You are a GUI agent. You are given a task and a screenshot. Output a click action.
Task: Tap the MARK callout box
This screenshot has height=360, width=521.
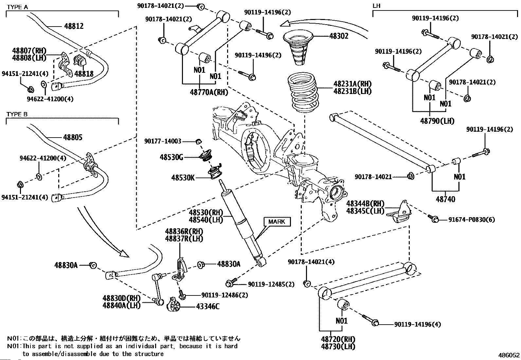tap(277, 222)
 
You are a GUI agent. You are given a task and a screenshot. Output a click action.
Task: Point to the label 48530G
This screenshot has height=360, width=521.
tap(171, 157)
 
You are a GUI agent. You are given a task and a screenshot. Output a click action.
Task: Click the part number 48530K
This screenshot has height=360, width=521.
tap(183, 178)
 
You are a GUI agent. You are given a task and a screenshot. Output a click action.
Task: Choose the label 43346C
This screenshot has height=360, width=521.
tap(208, 307)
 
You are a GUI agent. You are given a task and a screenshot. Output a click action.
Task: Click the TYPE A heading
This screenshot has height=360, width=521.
tap(17, 6)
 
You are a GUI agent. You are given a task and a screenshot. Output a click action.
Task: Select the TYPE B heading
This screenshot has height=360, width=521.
tap(17, 114)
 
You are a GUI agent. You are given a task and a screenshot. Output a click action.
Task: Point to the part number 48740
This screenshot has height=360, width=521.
tap(445, 199)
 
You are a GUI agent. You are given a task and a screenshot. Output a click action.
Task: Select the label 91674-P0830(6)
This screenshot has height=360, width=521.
tap(469, 219)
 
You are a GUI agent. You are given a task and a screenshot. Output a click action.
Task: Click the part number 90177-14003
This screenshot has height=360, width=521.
tap(163, 141)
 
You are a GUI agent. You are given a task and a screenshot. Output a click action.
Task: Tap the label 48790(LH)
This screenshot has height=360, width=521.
tap(438, 121)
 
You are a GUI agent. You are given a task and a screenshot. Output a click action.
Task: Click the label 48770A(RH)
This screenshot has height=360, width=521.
tap(209, 92)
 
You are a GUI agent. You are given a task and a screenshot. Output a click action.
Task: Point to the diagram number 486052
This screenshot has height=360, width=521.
tap(509, 355)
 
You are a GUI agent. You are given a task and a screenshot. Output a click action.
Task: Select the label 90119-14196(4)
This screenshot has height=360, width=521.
tap(417, 324)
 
